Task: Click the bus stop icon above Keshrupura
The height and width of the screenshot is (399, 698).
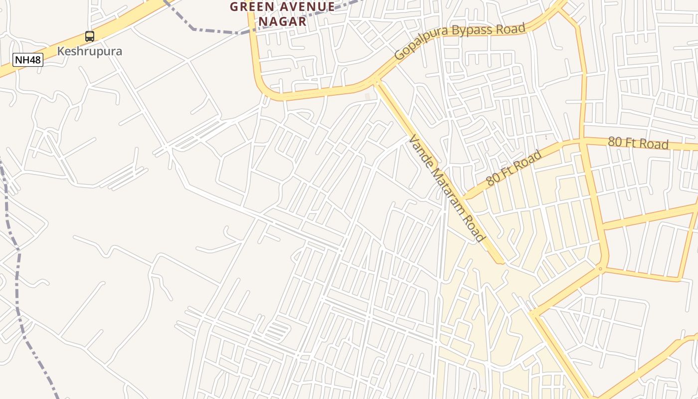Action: tap(90, 36)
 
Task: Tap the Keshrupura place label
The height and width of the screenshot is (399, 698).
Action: tap(90, 51)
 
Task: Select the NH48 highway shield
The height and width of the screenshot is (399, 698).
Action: tap(28, 60)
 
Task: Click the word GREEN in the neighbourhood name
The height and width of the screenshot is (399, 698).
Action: tap(251, 7)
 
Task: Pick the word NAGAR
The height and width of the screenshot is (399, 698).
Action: tap(282, 21)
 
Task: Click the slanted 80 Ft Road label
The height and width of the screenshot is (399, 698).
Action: tap(514, 168)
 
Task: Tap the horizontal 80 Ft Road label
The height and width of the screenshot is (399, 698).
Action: tap(638, 143)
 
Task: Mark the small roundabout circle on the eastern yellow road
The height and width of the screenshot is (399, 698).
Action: tap(601, 269)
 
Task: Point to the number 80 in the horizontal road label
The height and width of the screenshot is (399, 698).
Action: tap(615, 142)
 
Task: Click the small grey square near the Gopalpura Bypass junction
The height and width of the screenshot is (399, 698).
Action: tap(368, 96)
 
